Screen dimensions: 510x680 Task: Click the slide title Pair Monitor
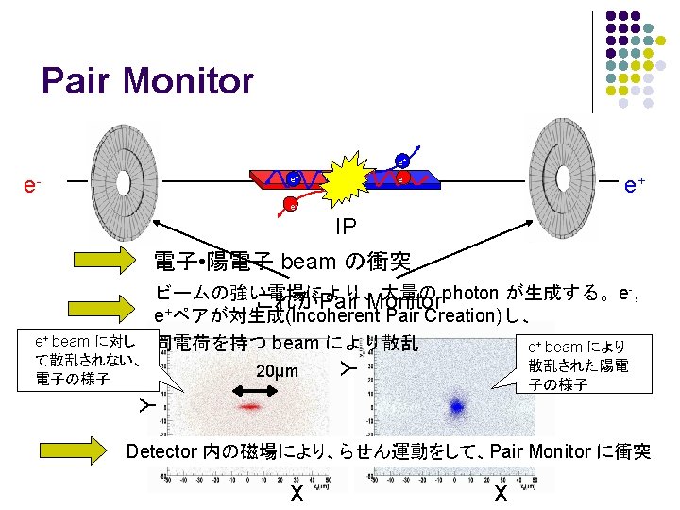coord(147,81)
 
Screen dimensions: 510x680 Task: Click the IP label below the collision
coord(345,228)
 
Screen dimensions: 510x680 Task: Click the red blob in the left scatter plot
coord(249,406)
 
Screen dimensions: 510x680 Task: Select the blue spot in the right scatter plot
coord(457,407)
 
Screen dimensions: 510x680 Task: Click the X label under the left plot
coord(296,494)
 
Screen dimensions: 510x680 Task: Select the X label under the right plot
coord(501,494)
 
